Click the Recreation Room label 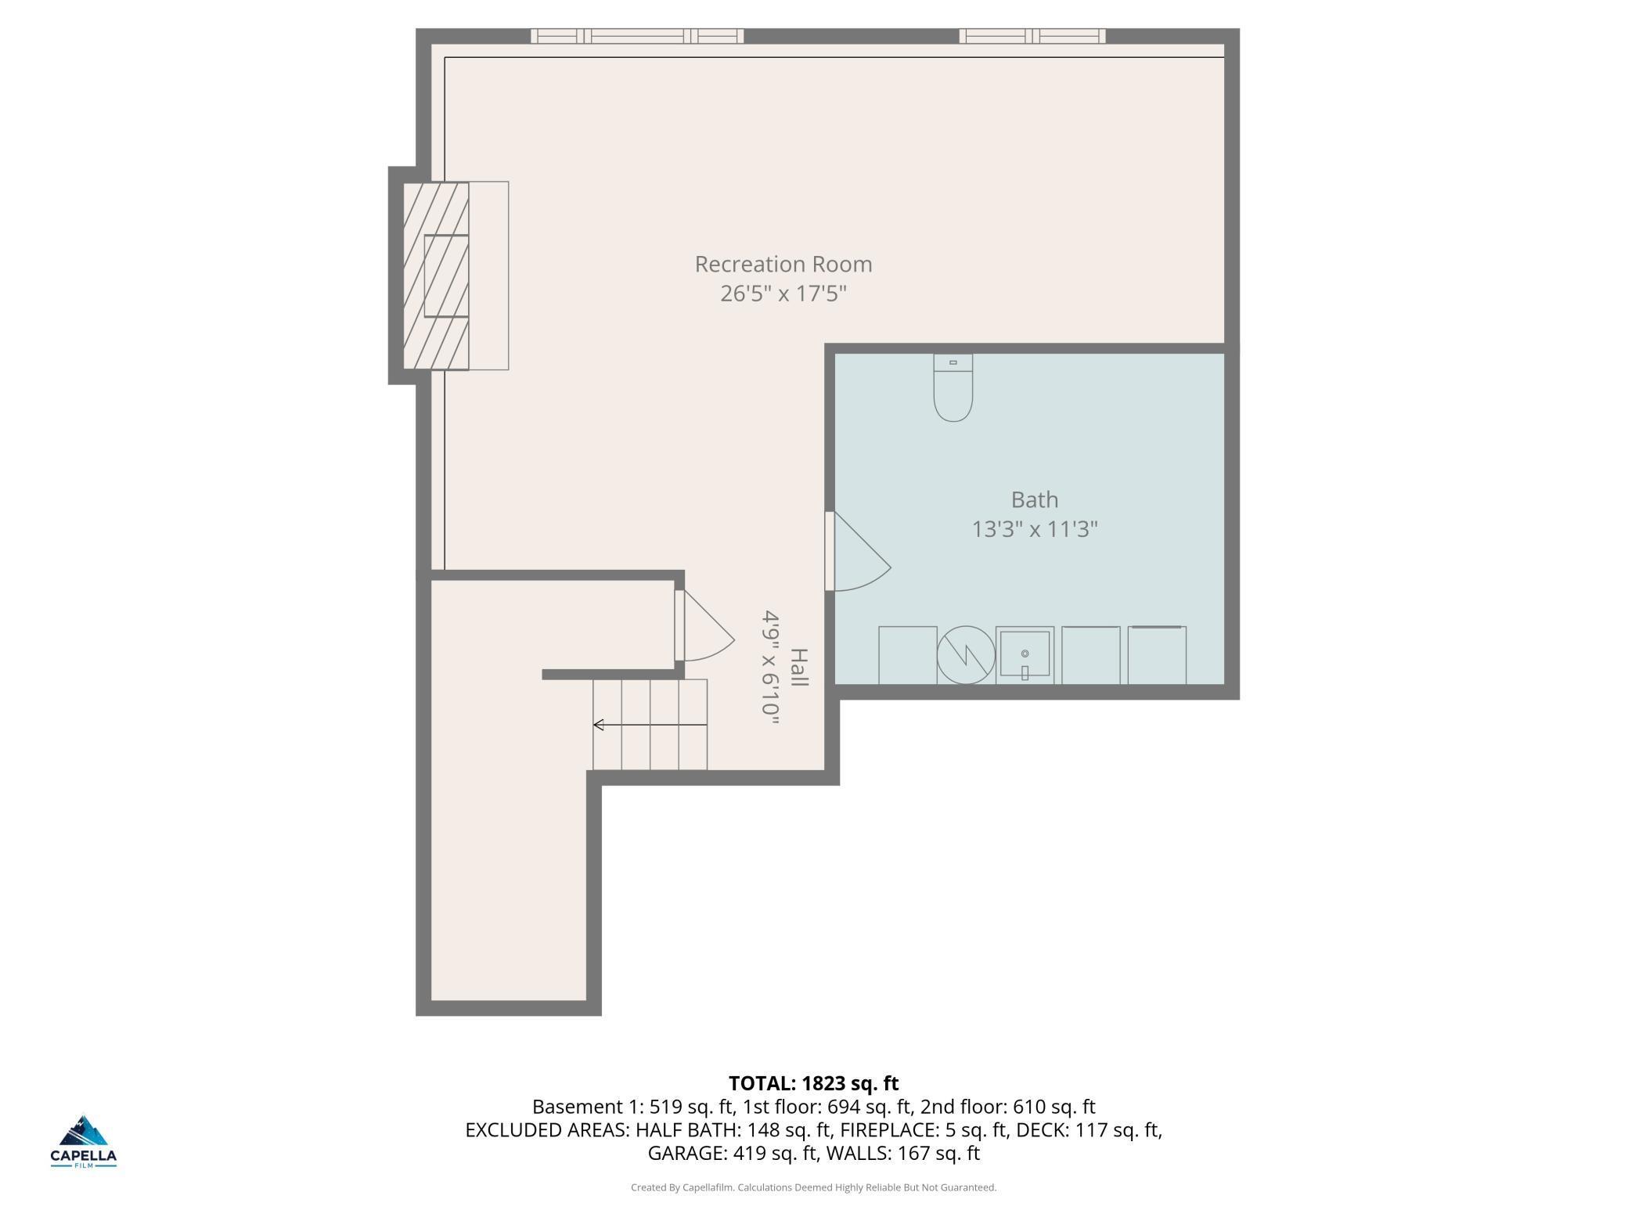pyautogui.click(x=783, y=265)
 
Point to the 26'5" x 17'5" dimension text pyautogui.click(x=783, y=294)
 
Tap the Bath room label pyautogui.click(x=1035, y=499)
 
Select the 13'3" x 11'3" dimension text pyautogui.click(x=1035, y=530)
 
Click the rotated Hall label pyautogui.click(x=798, y=668)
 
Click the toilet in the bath pyautogui.click(x=953, y=387)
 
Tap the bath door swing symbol pyautogui.click(x=859, y=551)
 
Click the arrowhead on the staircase pyautogui.click(x=598, y=725)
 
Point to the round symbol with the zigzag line pyautogui.click(x=967, y=655)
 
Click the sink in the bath pyautogui.click(x=1025, y=655)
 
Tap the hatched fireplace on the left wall pyautogui.click(x=436, y=276)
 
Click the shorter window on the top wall pyautogui.click(x=1032, y=36)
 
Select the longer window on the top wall pyautogui.click(x=637, y=36)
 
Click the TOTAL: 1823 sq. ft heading pyautogui.click(x=814, y=1083)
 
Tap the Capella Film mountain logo pyautogui.click(x=84, y=1141)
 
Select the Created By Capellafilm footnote pyautogui.click(x=814, y=1187)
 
